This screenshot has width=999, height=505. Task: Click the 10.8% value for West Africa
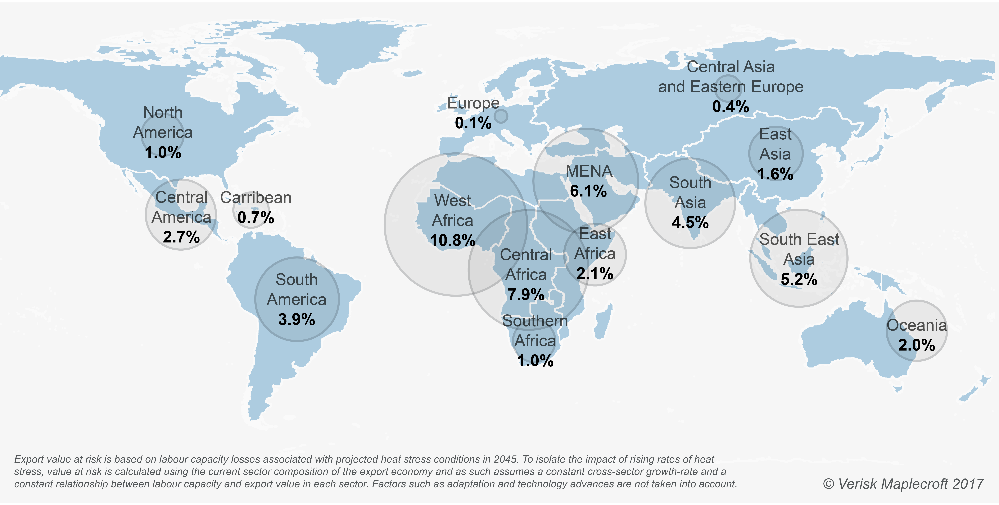453,241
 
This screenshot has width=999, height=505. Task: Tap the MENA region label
589,171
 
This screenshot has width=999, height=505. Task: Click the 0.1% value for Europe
473,123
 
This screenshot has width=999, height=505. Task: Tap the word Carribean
256,198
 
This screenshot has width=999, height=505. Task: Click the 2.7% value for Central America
181,237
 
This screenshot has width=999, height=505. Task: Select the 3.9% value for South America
297,319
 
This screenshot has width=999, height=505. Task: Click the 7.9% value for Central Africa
526,295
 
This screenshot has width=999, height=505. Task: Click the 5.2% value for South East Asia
799,279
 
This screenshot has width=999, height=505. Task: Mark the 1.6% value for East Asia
775,174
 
